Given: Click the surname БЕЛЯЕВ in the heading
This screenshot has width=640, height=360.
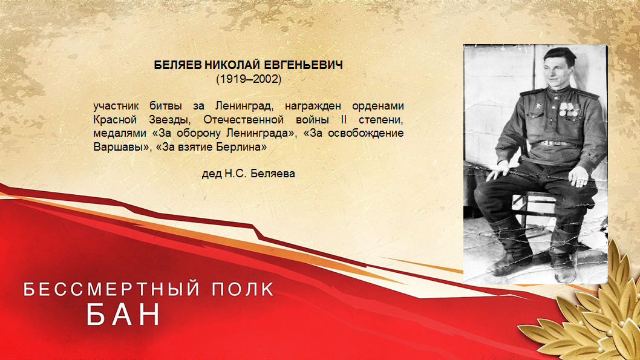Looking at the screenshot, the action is (x=178, y=65).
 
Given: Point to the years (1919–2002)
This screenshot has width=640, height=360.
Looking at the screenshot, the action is (x=249, y=79).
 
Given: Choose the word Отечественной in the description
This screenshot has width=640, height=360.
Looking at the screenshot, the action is (x=243, y=120).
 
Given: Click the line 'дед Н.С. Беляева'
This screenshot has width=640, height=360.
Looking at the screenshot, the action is (x=249, y=174).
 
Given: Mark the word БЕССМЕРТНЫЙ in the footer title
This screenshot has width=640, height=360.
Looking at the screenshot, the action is (x=112, y=289).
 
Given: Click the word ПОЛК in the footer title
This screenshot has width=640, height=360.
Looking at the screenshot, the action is (x=243, y=289).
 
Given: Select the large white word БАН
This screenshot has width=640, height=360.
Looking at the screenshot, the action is (x=124, y=314).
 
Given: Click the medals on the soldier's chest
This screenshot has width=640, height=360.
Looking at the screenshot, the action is (x=568, y=109).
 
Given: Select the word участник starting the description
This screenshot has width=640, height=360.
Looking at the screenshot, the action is (x=116, y=106).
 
